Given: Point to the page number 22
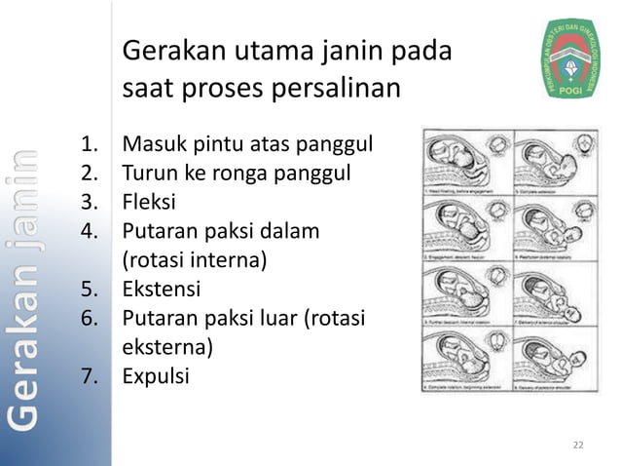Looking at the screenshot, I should (x=578, y=446).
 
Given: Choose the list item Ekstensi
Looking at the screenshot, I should (x=162, y=290).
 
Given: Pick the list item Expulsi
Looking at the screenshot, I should (x=156, y=375).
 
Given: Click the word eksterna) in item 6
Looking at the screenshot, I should (x=166, y=346).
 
